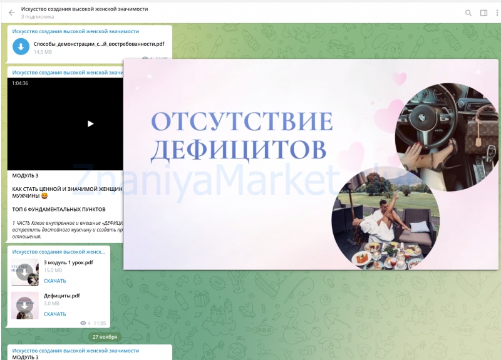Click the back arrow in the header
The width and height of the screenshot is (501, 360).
11,13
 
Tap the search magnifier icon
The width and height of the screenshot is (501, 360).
468,13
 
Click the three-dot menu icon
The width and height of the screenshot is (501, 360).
497,13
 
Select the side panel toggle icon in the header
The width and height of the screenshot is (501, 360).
483,13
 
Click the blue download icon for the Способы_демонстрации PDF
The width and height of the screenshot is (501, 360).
21,46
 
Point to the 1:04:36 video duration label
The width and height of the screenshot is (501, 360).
21,83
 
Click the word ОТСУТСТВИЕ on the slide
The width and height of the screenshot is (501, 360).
242,121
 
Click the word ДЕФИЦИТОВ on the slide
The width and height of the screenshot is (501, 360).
239,149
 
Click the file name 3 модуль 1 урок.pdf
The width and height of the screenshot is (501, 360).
68,262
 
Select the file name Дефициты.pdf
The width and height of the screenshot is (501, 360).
62,296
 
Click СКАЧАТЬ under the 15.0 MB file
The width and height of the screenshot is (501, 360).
55,281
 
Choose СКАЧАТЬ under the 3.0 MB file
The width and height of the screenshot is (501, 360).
55,314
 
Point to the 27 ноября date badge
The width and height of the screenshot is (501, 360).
104,337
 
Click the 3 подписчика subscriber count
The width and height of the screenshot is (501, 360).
38,17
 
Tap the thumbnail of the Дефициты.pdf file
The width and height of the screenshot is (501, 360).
24,306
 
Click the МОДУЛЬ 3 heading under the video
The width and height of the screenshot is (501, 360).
26,176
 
